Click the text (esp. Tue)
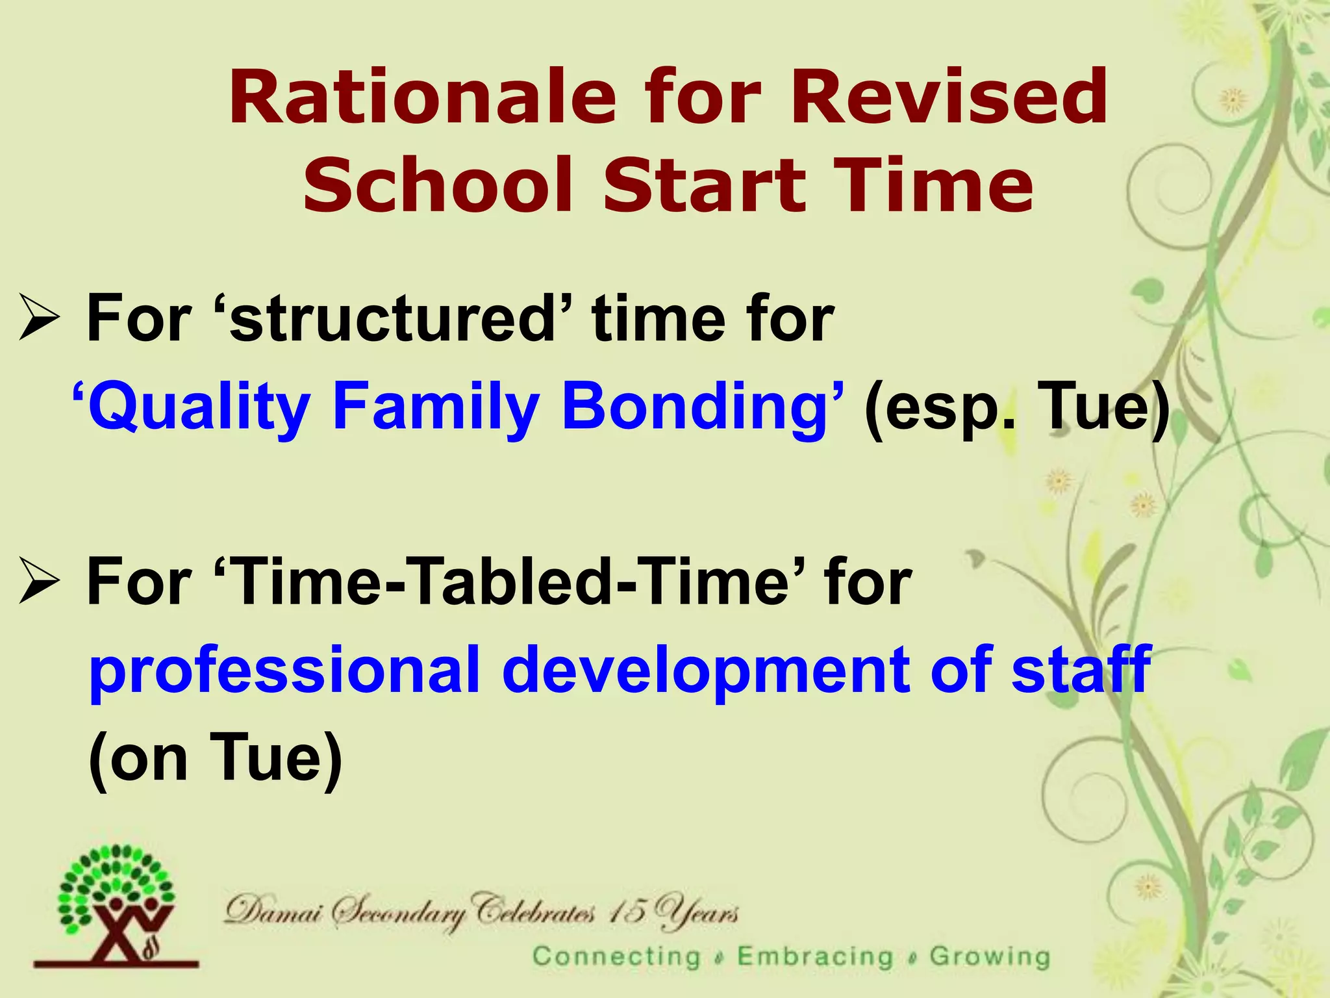(1016, 408)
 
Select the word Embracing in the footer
(815, 956)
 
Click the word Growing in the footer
(989, 956)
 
